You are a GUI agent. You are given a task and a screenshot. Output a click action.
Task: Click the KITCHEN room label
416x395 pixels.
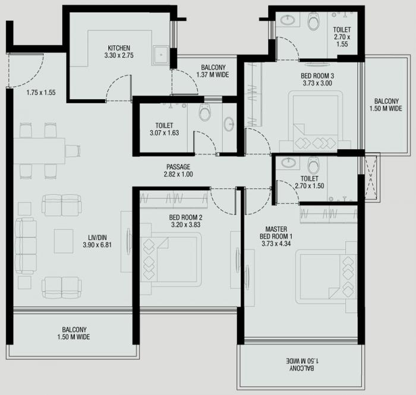click(119, 48)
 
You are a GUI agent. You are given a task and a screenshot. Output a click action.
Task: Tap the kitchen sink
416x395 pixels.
click(159, 56)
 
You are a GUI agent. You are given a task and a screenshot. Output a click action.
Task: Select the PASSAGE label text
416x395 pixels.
click(178, 166)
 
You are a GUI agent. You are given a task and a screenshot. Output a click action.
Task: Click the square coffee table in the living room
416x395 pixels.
click(64, 241)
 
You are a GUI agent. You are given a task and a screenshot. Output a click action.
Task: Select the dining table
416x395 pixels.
click(39, 150)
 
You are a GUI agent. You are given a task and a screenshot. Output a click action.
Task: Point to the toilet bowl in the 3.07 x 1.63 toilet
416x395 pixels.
click(205, 113)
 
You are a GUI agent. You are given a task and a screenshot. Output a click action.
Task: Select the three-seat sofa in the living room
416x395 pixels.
click(26, 245)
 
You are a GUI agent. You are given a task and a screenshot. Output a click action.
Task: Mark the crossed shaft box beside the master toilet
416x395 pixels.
click(371, 177)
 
